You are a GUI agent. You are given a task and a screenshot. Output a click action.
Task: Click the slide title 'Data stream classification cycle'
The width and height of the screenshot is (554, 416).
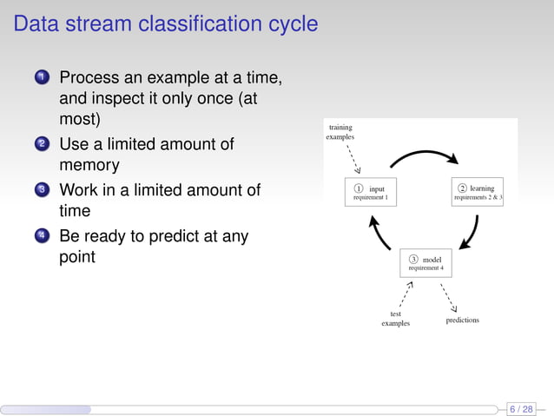pos(166,23)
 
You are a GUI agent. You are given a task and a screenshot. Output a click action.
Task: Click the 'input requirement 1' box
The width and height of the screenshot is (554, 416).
pos(371,193)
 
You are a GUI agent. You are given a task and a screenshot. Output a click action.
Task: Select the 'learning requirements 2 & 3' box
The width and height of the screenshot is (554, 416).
pos(478,193)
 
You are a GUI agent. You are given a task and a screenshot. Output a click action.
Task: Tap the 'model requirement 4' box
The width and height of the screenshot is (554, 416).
pos(425,263)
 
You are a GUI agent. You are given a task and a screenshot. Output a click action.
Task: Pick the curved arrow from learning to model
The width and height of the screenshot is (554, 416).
pos(472,230)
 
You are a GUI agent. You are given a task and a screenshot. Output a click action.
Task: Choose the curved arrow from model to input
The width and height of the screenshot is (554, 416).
pos(378,230)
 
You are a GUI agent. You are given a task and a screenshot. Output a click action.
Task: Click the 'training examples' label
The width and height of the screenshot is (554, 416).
pos(340,132)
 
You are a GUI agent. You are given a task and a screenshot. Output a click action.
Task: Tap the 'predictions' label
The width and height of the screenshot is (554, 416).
pos(462,320)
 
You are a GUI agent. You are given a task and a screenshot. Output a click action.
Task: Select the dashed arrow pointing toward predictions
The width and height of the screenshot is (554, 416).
pos(449,295)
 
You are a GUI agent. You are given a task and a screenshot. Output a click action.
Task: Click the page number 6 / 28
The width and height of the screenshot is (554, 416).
pos(521,408)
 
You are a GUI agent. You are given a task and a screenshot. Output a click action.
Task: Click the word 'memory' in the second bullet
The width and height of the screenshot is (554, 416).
pos(89,164)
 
